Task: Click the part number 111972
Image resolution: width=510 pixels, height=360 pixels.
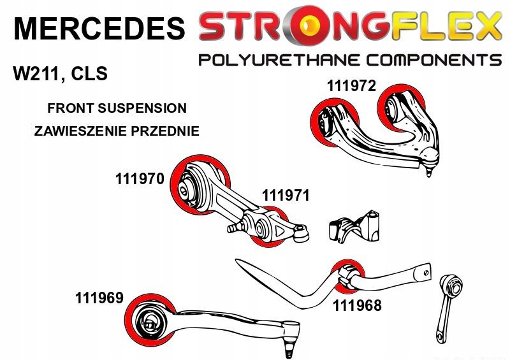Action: click(x=351, y=86)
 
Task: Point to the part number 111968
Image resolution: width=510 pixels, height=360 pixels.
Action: click(x=356, y=305)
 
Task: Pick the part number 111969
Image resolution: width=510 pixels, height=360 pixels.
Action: click(x=99, y=297)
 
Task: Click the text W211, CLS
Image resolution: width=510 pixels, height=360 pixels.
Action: click(x=61, y=74)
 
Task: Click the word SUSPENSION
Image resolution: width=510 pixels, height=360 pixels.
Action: click(x=143, y=108)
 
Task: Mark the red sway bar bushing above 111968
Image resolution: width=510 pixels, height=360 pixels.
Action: click(x=348, y=274)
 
